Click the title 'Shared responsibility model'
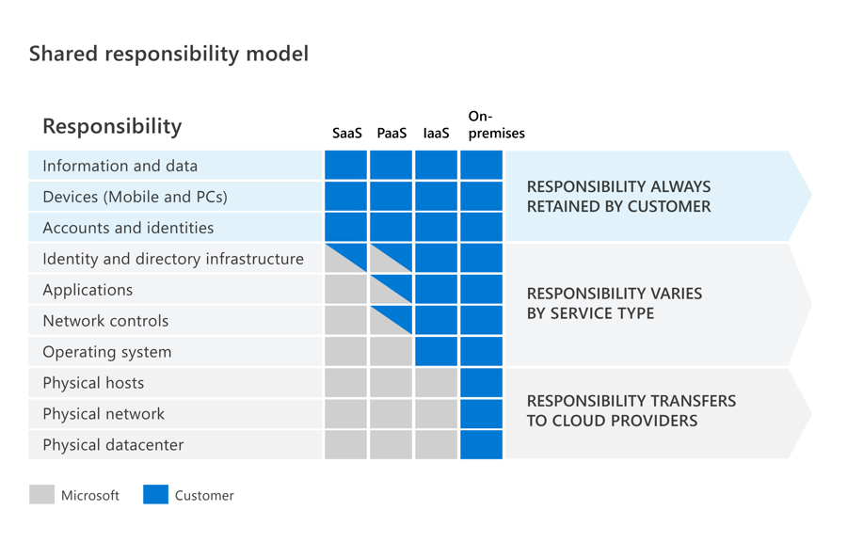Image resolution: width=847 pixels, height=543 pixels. coord(168,54)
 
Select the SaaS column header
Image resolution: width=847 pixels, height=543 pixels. coord(346,134)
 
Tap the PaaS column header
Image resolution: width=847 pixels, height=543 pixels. coord(392,134)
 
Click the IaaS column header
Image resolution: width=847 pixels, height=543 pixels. coord(436,134)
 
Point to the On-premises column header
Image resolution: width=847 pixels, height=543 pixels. coord(496,125)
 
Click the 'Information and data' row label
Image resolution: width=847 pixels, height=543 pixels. coord(120,166)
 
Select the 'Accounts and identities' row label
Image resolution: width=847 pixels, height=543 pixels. coord(128,228)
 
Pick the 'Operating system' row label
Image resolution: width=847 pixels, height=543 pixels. coord(107,352)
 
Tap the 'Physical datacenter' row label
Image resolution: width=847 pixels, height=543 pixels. coord(113,445)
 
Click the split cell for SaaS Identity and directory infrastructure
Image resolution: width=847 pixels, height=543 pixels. coord(346,259)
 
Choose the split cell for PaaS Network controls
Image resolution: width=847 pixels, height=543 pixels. coord(392,321)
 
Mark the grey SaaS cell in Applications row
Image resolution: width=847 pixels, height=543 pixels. coord(346,290)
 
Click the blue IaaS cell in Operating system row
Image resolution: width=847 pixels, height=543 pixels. coord(436,352)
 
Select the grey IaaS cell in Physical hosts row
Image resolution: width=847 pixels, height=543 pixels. coord(436,383)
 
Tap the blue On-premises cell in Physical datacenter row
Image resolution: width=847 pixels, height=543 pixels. coord(481,445)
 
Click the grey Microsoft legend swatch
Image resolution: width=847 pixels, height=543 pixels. coord(41,495)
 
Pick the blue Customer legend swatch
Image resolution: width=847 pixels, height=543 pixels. coord(155,495)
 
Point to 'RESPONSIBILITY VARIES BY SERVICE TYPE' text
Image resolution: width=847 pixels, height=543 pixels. coord(615,303)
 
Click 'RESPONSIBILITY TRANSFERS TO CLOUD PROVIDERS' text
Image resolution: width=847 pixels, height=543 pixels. coord(631,410)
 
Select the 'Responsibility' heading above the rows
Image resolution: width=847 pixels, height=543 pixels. coord(112,126)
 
